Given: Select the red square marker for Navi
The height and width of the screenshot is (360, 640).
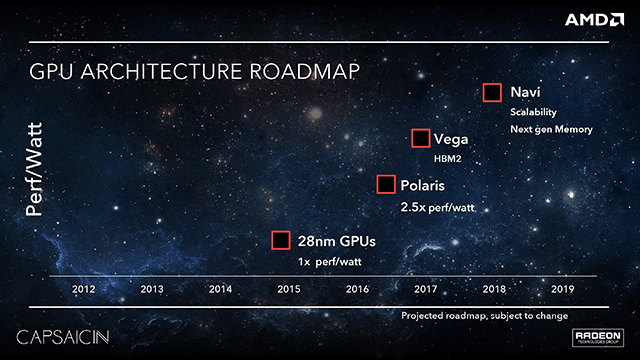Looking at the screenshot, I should click(492, 93).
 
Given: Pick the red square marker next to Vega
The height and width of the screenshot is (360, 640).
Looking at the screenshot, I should click(421, 139).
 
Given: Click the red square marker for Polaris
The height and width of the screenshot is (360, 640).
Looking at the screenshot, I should click(386, 185).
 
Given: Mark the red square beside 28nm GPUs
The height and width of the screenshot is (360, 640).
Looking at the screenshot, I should click(281, 240).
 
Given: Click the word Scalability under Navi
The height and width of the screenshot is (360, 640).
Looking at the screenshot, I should click(533, 112).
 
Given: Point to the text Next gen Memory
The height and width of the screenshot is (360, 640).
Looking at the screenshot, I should click(552, 129).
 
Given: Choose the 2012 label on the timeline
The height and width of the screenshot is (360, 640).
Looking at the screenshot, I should click(85, 289).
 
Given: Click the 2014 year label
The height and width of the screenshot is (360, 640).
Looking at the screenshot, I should click(221, 289).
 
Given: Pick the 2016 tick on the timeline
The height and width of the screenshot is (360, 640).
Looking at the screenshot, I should click(357, 289).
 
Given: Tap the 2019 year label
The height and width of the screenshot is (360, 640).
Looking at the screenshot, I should click(561, 289).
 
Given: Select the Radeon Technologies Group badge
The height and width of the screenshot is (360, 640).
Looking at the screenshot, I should click(597, 338).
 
